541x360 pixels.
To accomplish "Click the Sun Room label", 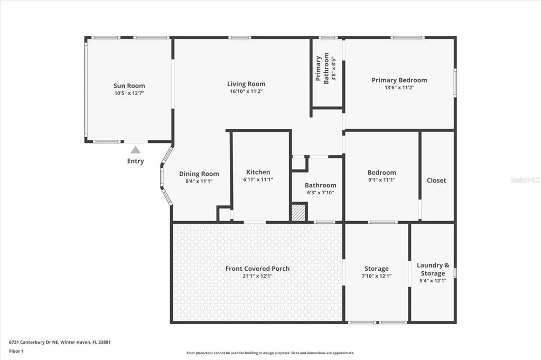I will point(129,86).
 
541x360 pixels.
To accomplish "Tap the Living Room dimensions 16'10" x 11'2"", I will point(246,91).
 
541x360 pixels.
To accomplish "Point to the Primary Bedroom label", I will point(399,80).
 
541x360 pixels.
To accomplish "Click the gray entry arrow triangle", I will point(135,150).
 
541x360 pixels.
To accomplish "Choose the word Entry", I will point(135,161).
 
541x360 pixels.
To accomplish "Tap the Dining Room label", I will point(199,174).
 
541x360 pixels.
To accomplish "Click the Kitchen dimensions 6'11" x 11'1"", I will point(258,180).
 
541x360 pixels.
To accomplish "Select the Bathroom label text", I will point(320,185).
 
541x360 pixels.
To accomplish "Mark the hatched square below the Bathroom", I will point(299,213).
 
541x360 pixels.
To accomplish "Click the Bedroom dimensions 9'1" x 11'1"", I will point(381,180).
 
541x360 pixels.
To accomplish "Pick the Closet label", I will point(436,180).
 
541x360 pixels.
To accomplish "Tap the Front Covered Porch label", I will point(257,269).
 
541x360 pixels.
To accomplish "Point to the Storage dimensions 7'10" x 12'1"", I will point(376,276).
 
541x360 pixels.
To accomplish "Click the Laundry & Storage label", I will point(433,269).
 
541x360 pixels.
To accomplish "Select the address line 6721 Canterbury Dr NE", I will point(60,342).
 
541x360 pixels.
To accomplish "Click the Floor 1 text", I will point(16,350).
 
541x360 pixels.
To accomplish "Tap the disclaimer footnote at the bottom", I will point(270,353).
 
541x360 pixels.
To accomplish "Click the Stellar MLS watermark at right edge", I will point(525,180).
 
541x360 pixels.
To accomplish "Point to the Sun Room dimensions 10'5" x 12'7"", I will point(129,93).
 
